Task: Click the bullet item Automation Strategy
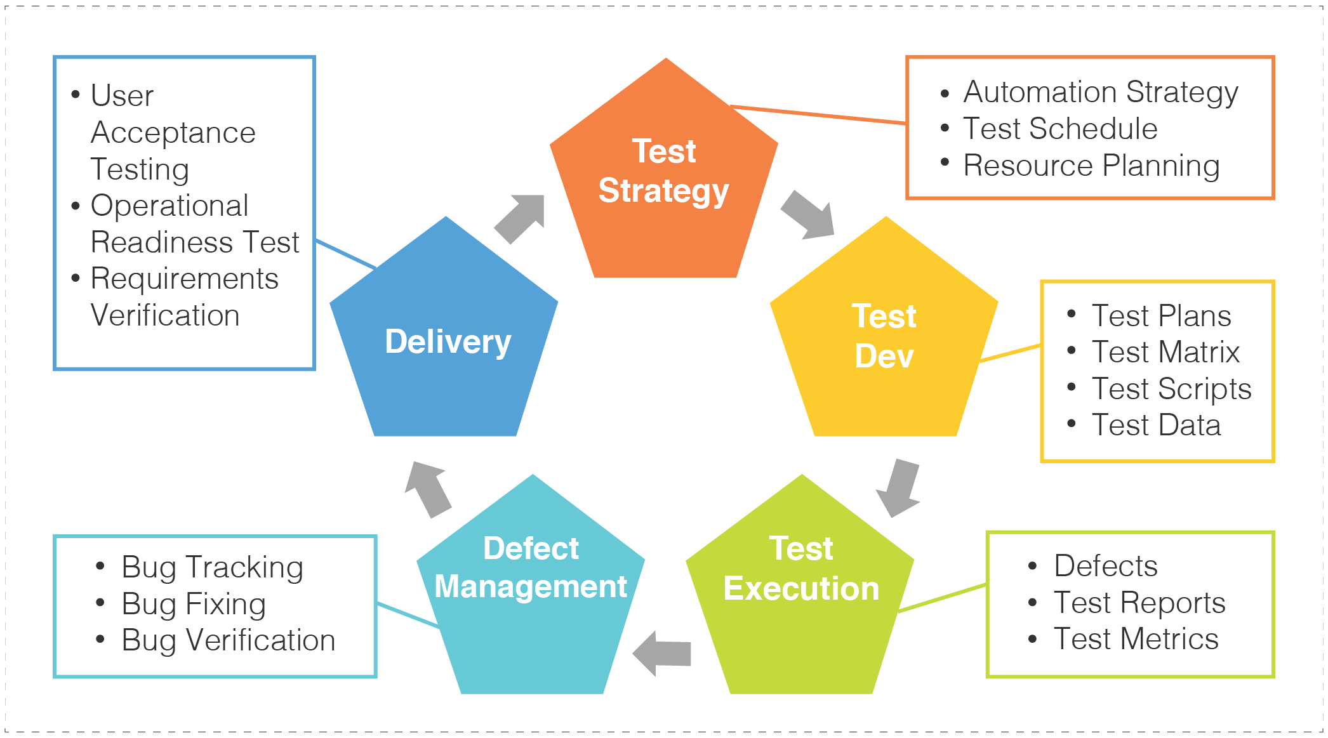tap(1100, 93)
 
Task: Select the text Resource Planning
tap(1091, 166)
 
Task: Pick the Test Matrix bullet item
tap(1165, 352)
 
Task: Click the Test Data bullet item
tap(1156, 425)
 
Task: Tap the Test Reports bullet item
tap(1139, 603)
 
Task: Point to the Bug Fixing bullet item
tap(193, 604)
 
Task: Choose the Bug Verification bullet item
tap(228, 641)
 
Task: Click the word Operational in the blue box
tap(169, 206)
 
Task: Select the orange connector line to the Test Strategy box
tap(819, 114)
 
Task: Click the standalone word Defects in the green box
tap(1105, 566)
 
